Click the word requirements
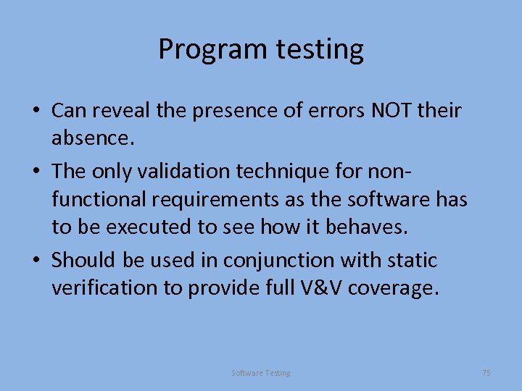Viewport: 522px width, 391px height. point(210,198)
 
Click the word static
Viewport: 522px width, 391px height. point(415,259)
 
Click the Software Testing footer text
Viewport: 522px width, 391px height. point(261,373)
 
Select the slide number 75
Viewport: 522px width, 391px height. point(486,373)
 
